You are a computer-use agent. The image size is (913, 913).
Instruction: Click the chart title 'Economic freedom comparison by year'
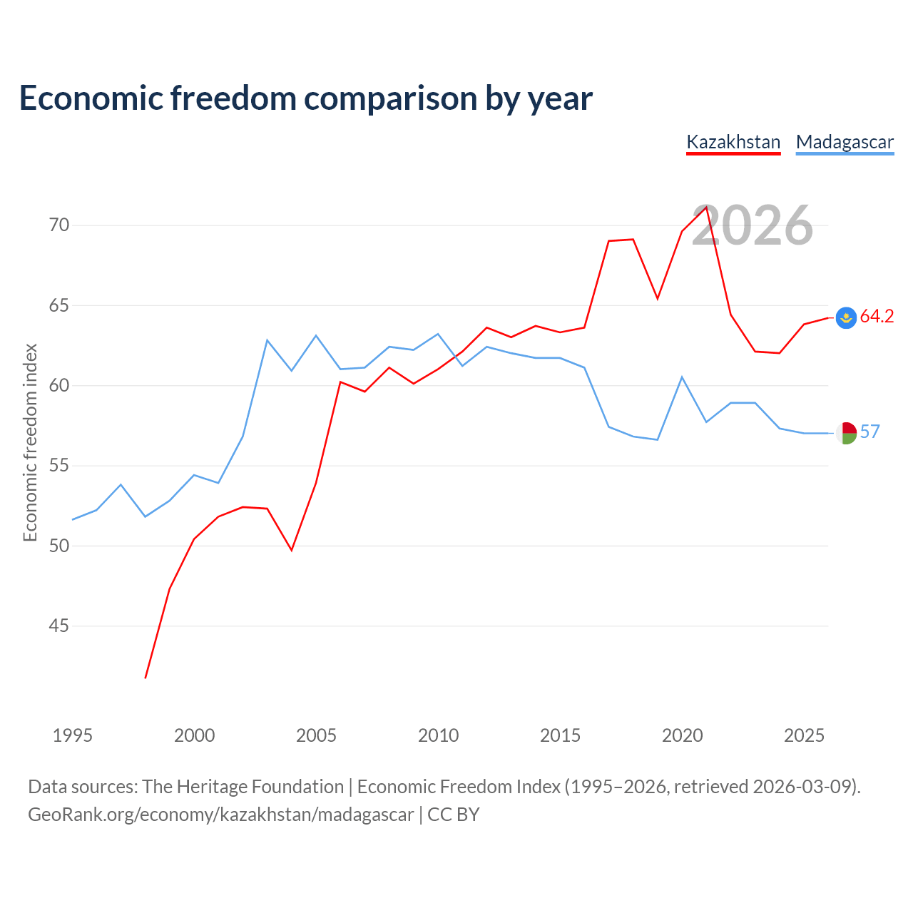tap(305, 98)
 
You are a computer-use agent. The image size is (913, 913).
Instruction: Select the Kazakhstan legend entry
tap(733, 143)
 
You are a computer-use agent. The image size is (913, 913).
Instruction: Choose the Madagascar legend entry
tap(845, 143)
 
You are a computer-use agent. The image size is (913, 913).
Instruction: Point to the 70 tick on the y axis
tap(59, 225)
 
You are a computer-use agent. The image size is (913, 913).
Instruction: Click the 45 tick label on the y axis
tap(59, 626)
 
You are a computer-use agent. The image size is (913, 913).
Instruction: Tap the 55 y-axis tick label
tap(59, 466)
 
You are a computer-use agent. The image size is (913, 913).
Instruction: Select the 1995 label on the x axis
tap(73, 735)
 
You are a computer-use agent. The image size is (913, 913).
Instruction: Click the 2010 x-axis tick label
tap(438, 735)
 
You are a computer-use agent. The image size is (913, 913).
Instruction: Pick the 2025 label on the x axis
tap(804, 735)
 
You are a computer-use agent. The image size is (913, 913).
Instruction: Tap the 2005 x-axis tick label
tap(316, 735)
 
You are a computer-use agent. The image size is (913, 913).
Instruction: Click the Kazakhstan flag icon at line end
tap(846, 317)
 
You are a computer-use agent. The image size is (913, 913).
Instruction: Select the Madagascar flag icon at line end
tap(846, 433)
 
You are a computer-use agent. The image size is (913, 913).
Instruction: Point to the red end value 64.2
tap(877, 316)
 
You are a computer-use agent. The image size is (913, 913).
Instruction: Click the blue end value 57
tap(870, 432)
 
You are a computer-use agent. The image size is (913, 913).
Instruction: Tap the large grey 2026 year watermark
tap(753, 225)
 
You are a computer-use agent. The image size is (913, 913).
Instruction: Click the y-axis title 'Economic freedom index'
tap(31, 442)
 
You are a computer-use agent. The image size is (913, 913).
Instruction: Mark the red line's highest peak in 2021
tap(706, 207)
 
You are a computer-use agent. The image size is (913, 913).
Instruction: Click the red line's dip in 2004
tap(292, 550)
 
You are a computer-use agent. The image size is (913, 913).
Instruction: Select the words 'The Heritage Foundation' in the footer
tap(243, 787)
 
